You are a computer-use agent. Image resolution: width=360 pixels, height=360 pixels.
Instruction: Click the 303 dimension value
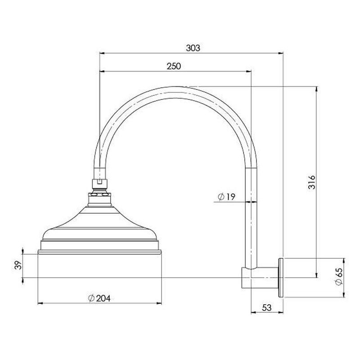(x=193, y=48)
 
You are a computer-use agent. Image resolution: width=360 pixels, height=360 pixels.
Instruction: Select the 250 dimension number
(x=174, y=66)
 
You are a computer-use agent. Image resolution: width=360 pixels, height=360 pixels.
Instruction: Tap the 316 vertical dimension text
(x=312, y=182)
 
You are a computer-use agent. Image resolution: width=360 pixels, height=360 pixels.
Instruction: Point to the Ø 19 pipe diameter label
(x=226, y=197)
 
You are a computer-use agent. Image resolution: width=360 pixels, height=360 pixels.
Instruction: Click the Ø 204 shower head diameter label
(x=99, y=298)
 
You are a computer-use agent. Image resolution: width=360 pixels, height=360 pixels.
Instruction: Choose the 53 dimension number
(x=267, y=308)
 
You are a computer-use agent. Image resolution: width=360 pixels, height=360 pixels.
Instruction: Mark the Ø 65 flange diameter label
(x=339, y=277)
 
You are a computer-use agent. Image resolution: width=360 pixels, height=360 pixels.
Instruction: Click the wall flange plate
(x=280, y=278)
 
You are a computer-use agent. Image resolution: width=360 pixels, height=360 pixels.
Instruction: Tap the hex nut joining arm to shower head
(x=99, y=184)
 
